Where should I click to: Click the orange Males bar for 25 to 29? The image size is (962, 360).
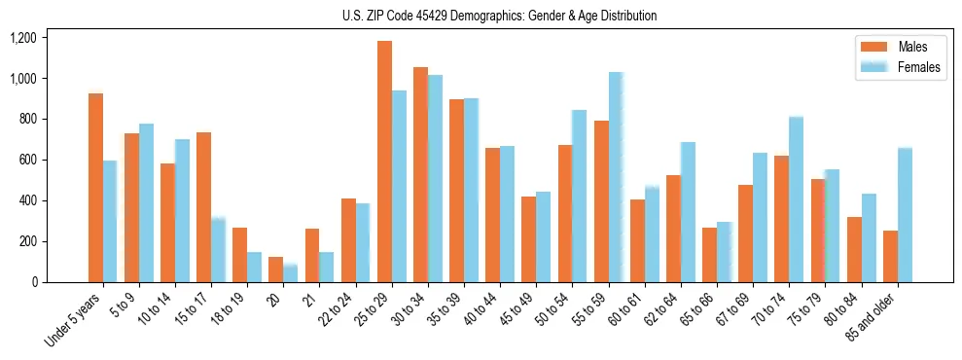(384, 162)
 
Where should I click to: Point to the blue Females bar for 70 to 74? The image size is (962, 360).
(796, 199)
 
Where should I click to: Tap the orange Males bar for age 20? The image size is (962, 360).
(276, 270)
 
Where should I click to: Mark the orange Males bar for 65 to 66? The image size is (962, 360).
(709, 255)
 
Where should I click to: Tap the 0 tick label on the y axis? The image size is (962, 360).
(35, 282)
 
